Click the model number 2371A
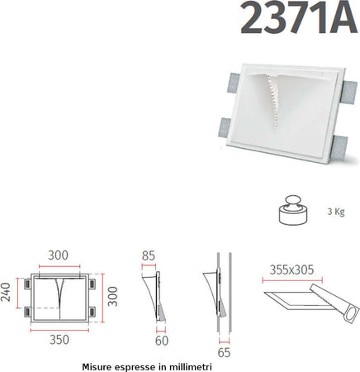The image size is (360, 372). [299, 19]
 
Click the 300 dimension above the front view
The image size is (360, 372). [58, 256]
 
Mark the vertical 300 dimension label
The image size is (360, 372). [113, 293]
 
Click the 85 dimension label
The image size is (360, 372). [149, 256]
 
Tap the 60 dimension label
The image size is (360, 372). [162, 339]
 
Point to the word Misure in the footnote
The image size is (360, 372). [99, 365]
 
